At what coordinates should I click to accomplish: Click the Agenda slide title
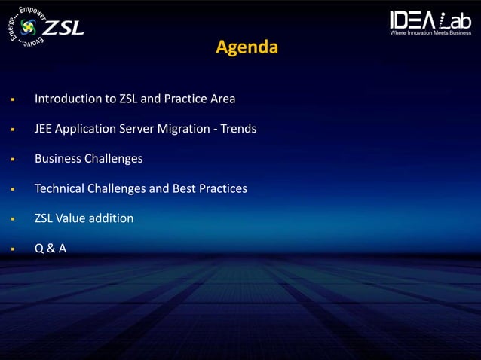pyautogui.click(x=247, y=47)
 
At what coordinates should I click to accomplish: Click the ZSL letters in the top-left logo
pyautogui.click(x=63, y=29)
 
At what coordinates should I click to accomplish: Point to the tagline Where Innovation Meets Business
pyautogui.click(x=430, y=32)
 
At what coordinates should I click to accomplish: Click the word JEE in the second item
pyautogui.click(x=44, y=129)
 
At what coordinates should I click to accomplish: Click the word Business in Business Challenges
pyautogui.click(x=59, y=159)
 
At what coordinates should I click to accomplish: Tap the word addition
pyautogui.click(x=113, y=218)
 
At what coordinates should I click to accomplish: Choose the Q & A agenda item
pyautogui.click(x=51, y=249)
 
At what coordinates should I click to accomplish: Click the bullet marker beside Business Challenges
pyautogui.click(x=13, y=160)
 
